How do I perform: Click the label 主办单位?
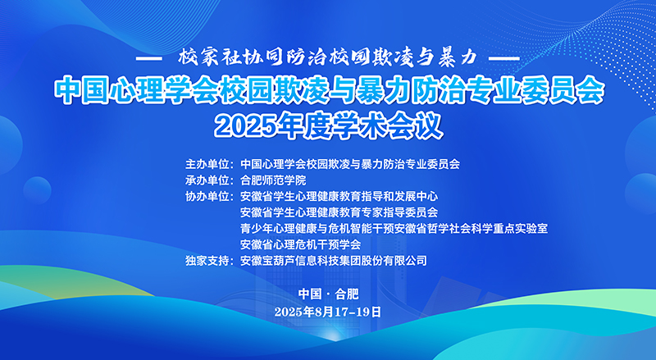[207, 164]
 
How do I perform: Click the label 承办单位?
[207, 180]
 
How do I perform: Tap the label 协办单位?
[207, 196]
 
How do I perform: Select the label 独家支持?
[207, 261]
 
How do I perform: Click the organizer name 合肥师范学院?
[273, 180]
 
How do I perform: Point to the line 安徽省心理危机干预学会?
[300, 244]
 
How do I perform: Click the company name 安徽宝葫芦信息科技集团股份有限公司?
[334, 261]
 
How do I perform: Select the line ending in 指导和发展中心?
[339, 196]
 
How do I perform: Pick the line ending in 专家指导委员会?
[339, 212]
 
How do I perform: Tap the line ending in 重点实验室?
[394, 229]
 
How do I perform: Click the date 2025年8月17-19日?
[328, 312]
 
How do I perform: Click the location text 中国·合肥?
[329, 294]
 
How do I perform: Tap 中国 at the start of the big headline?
[80, 90]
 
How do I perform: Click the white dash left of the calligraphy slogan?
[149, 58]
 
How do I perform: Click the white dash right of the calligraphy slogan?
[504, 58]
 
